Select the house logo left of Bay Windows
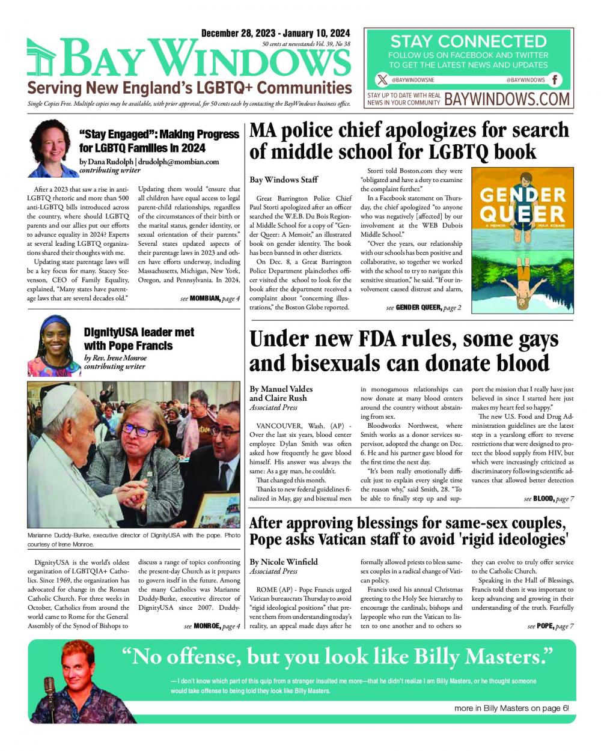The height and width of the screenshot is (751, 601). click(41, 58)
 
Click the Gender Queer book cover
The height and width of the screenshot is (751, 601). click(522, 240)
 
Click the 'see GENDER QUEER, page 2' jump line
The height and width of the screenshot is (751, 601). click(424, 308)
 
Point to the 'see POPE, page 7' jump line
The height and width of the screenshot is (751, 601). click(551, 626)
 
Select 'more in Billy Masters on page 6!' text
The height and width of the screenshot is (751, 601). click(511, 708)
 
